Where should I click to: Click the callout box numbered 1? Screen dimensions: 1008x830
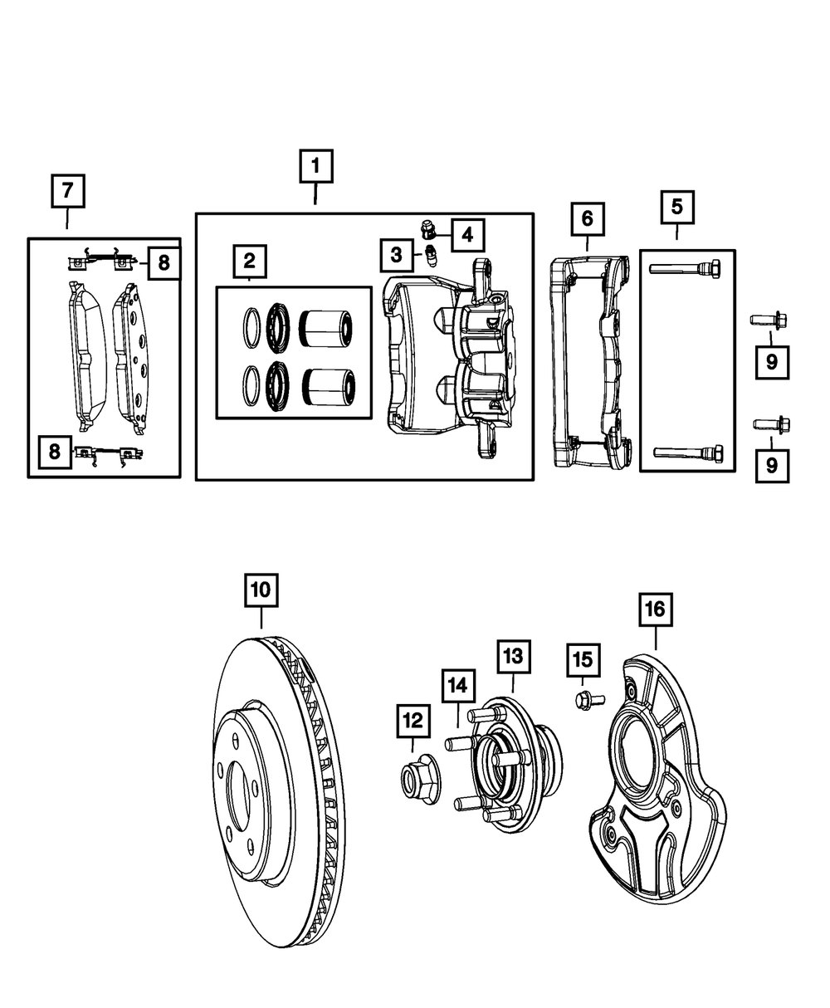pyautogui.click(x=315, y=166)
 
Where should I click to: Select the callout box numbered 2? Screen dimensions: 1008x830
pyautogui.click(x=249, y=262)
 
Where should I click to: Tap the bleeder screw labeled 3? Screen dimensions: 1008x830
pyautogui.click(x=431, y=255)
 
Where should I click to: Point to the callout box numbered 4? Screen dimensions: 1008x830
pyautogui.click(x=467, y=235)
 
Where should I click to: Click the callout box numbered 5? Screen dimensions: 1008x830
pyautogui.click(x=677, y=208)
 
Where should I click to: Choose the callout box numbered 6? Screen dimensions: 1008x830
pyautogui.click(x=587, y=219)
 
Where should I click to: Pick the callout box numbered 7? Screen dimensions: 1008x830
pyautogui.click(x=67, y=192)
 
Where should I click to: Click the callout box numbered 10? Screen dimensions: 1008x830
pyautogui.click(x=261, y=590)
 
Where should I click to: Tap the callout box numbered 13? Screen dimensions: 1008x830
pyautogui.click(x=513, y=657)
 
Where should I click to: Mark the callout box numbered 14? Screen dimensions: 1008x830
pyautogui.click(x=458, y=685)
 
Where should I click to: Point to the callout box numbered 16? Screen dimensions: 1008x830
pyautogui.click(x=655, y=609)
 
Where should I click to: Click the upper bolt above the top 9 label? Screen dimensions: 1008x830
pyautogui.click(x=769, y=319)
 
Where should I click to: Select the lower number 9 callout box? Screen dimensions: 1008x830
pyautogui.click(x=772, y=467)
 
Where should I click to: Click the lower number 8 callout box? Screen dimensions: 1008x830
pyautogui.click(x=54, y=453)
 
